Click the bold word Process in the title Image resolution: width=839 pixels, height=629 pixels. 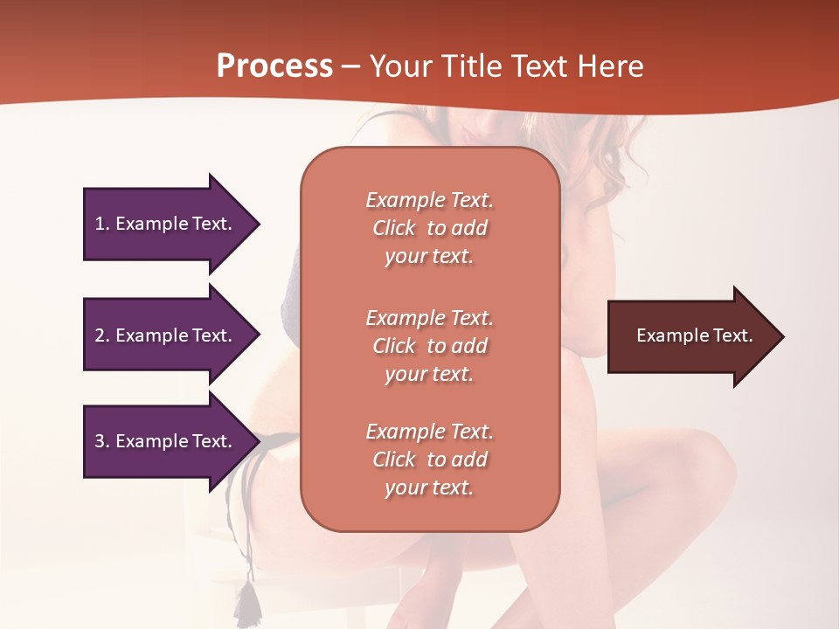coord(274,66)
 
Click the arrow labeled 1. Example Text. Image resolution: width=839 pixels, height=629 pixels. coord(166,224)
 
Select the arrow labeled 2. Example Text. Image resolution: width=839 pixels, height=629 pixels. coord(166,335)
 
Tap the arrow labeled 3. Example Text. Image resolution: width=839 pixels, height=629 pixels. coord(166,441)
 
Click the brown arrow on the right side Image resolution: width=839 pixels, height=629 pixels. coord(690,336)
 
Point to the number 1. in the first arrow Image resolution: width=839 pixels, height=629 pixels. coord(102,224)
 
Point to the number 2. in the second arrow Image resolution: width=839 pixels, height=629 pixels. coord(102,335)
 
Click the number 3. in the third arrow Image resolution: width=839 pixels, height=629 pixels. coord(102,441)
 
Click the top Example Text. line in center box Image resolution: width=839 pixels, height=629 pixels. coord(429,200)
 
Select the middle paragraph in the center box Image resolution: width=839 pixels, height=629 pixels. coord(429,346)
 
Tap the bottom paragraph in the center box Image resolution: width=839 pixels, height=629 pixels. coord(429,460)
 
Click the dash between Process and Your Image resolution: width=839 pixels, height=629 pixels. coord(351,66)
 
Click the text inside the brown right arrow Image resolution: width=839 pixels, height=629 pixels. coord(694,335)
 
